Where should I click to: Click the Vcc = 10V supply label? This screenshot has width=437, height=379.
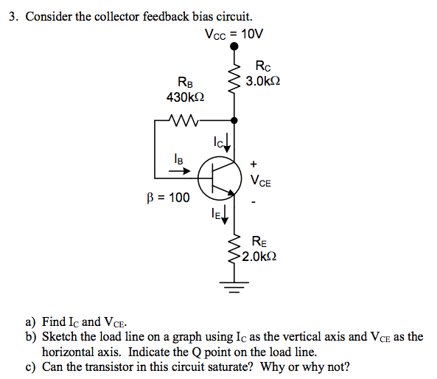click(x=234, y=33)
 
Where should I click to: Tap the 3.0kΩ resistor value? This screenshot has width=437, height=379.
click(x=263, y=80)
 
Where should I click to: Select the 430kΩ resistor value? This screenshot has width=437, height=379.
click(x=184, y=97)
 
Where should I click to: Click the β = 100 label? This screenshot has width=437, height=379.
click(x=168, y=198)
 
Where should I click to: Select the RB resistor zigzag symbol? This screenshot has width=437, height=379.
click(x=181, y=119)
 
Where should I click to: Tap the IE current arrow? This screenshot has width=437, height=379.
click(x=226, y=215)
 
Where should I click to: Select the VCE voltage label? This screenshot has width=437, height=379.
click(x=260, y=181)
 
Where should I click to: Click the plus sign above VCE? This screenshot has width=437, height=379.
click(x=255, y=163)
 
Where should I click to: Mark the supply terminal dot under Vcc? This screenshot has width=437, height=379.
click(x=234, y=46)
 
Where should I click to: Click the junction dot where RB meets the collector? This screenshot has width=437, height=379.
click(x=234, y=119)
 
